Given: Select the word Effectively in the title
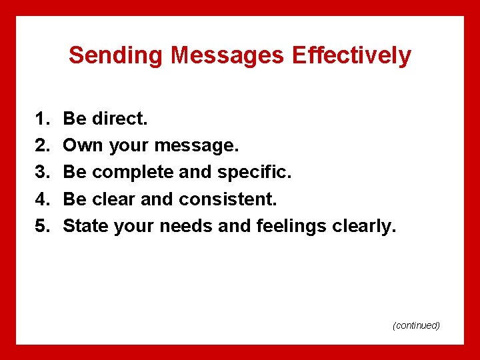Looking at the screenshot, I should pyautogui.click(x=351, y=55).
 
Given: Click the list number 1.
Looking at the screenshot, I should pyautogui.click(x=42, y=119).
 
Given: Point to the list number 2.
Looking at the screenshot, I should pyautogui.click(x=42, y=146).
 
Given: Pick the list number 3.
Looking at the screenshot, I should pyautogui.click(x=42, y=173).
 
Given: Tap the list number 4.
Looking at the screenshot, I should pyautogui.click(x=42, y=199).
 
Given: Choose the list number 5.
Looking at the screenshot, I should pyautogui.click(x=42, y=226).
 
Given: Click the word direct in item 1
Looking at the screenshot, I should pyautogui.click(x=120, y=119).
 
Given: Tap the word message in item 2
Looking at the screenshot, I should pyautogui.click(x=197, y=146).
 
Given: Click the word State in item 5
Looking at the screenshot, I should pyautogui.click(x=86, y=226).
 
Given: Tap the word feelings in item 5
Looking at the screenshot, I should pyautogui.click(x=297, y=226).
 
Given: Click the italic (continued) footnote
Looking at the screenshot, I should pyautogui.click(x=416, y=325).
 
